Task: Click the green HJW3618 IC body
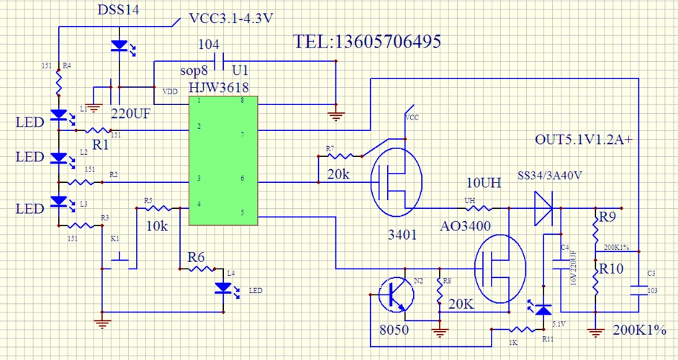pyautogui.click(x=223, y=160)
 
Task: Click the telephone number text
pyautogui.click(x=367, y=41)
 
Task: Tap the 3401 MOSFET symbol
pyautogui.click(x=395, y=180)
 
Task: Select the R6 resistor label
pyautogui.click(x=197, y=257)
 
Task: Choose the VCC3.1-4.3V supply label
pyautogui.click(x=230, y=18)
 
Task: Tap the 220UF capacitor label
pyautogui.click(x=134, y=113)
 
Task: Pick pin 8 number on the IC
pyautogui.click(x=242, y=101)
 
